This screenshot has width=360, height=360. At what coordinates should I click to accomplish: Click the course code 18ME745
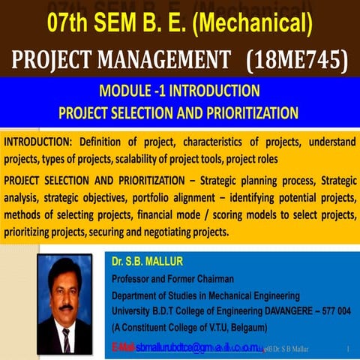pos(301,58)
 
